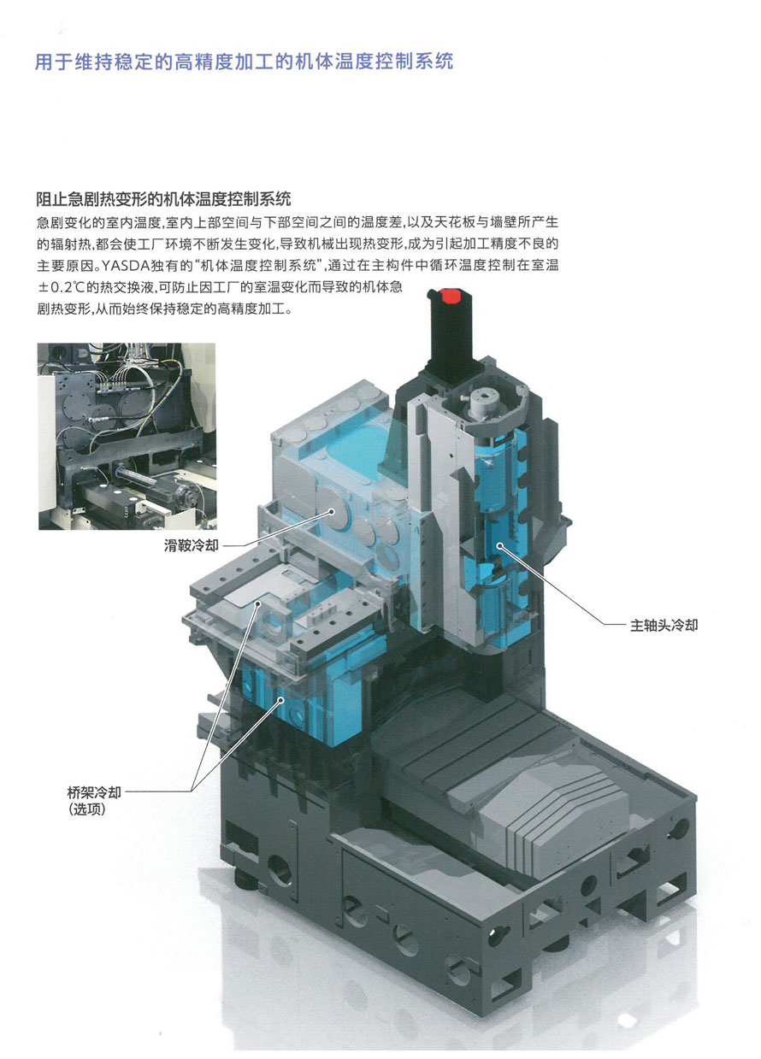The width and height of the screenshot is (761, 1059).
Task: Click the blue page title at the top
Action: click(x=244, y=62)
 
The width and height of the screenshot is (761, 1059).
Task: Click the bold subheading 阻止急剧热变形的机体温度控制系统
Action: click(x=163, y=199)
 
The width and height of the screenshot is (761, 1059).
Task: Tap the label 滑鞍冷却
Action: click(x=191, y=545)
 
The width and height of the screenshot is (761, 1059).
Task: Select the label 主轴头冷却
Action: click(x=664, y=626)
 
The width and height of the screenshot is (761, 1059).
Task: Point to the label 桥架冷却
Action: click(x=94, y=791)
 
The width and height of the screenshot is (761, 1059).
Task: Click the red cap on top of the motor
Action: click(x=447, y=296)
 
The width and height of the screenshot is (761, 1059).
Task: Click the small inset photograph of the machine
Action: click(x=127, y=436)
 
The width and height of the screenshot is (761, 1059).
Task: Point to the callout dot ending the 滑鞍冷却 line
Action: click(x=332, y=511)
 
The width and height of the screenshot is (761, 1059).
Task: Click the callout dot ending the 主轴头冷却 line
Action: click(x=499, y=546)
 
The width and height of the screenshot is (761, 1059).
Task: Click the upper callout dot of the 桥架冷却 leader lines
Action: click(x=258, y=603)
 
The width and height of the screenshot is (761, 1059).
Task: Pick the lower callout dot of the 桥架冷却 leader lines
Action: click(x=280, y=699)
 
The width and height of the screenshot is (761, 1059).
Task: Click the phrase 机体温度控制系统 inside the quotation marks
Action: click(x=258, y=266)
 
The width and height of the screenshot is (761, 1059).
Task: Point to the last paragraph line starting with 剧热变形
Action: click(x=164, y=309)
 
